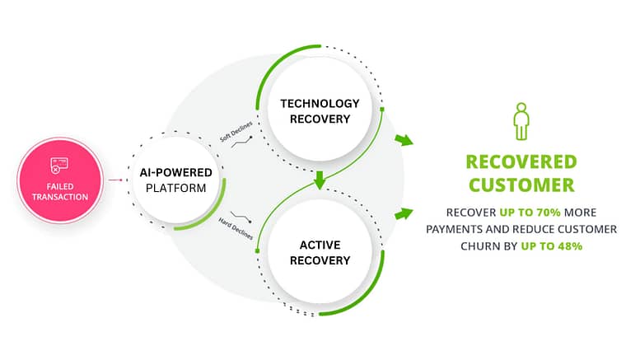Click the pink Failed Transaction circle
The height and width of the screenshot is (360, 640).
click(x=60, y=180)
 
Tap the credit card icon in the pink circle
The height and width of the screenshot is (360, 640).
click(x=59, y=166)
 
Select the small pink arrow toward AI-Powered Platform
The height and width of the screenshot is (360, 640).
click(x=115, y=180)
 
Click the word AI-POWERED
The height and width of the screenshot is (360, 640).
click(x=175, y=173)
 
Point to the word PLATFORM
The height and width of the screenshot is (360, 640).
click(x=175, y=188)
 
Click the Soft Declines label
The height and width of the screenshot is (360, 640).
click(x=236, y=132)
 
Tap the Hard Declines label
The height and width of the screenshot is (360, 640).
click(x=236, y=228)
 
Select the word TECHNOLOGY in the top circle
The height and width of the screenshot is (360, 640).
click(x=320, y=104)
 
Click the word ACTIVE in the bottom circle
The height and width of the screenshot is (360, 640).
click(x=320, y=245)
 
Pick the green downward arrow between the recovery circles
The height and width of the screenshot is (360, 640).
click(x=320, y=180)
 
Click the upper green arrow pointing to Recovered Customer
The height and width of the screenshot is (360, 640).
click(x=404, y=140)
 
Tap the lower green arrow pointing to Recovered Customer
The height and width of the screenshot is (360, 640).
click(x=404, y=213)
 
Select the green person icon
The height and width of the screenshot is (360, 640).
click(x=521, y=121)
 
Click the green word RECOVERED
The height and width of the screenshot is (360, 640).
click(x=521, y=161)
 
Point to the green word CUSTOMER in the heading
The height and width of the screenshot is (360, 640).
click(x=521, y=185)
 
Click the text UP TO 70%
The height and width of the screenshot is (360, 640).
click(x=530, y=213)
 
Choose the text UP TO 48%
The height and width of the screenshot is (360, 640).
click(x=551, y=246)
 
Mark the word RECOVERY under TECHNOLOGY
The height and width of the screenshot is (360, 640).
click(x=320, y=119)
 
